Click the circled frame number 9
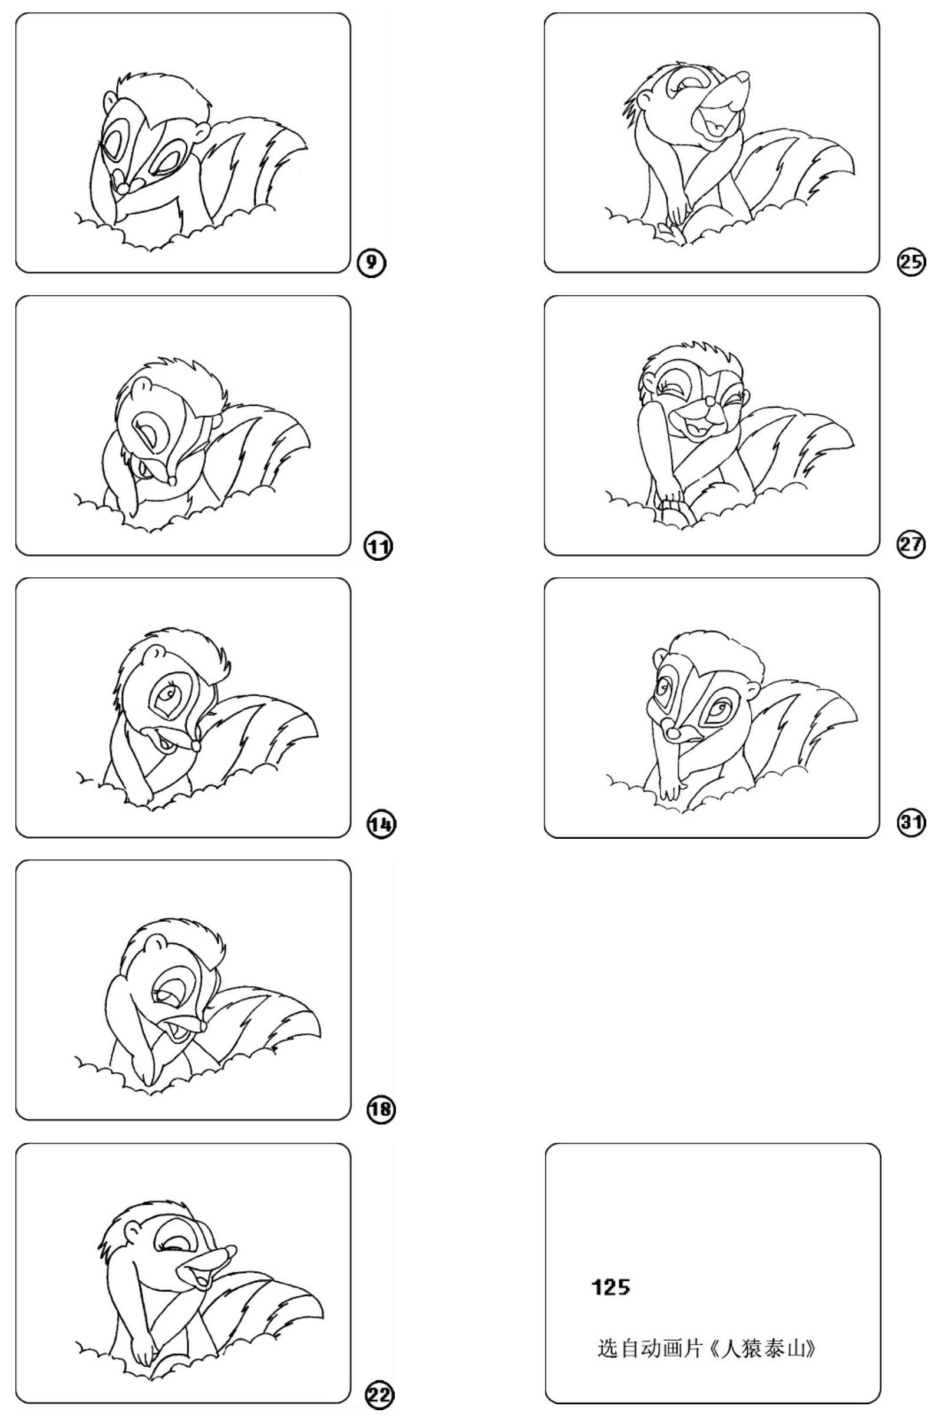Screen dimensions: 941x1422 [x=371, y=263]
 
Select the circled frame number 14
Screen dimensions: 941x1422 [x=381, y=824]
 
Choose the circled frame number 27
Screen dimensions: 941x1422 [x=911, y=544]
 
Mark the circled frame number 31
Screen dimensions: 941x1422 [x=911, y=822]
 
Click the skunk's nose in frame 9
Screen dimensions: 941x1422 [x=123, y=188]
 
